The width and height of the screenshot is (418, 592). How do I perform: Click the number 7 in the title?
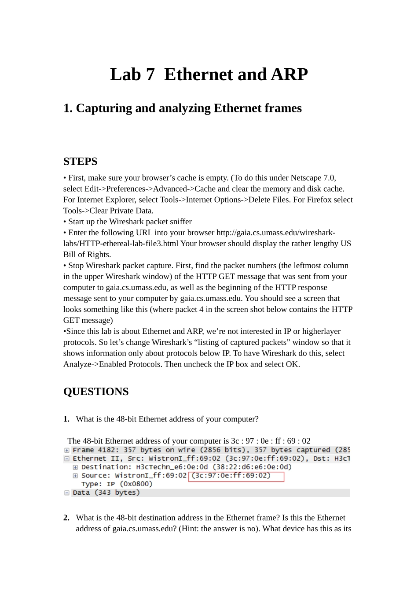pyautogui.click(x=150, y=74)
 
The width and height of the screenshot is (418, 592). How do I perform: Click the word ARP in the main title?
pyautogui.click(x=289, y=74)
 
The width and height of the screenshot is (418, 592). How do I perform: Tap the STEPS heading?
pyautogui.click(x=80, y=162)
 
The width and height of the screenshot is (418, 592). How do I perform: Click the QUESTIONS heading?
pyautogui.click(x=96, y=392)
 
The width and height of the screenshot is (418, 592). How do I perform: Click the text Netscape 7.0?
pyautogui.click(x=313, y=178)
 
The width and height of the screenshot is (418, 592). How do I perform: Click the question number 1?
pyautogui.click(x=66, y=419)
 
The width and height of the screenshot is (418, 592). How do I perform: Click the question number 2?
pyautogui.click(x=66, y=518)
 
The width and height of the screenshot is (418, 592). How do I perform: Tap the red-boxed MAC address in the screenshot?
pyautogui.click(x=236, y=476)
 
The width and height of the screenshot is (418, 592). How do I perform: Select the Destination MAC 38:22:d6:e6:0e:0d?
pyautogui.click(x=252, y=467)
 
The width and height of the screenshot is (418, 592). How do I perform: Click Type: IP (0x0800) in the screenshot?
pyautogui.click(x=117, y=484)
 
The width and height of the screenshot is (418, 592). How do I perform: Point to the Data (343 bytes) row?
pyautogui.click(x=106, y=492)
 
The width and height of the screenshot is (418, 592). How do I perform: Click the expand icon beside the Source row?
pyautogui.click(x=75, y=476)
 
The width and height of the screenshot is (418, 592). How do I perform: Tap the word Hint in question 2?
pyautogui.click(x=190, y=529)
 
